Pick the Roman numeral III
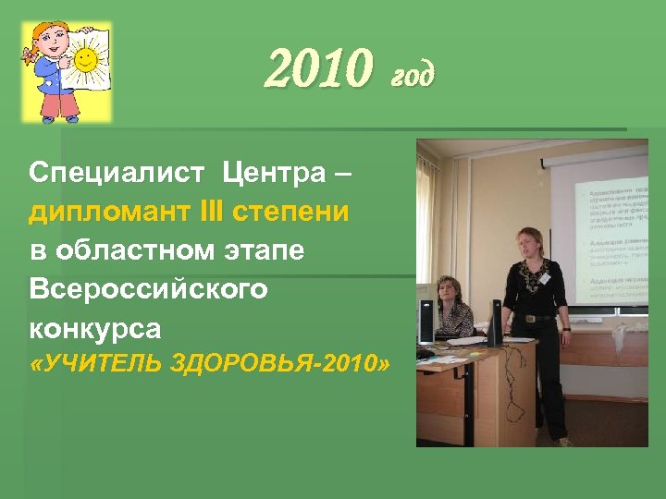236,212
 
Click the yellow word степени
304,213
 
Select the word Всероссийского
149,289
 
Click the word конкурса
95,328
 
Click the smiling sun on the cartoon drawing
86,61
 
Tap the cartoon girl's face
49,43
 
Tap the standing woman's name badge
546,277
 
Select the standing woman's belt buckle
529,317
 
